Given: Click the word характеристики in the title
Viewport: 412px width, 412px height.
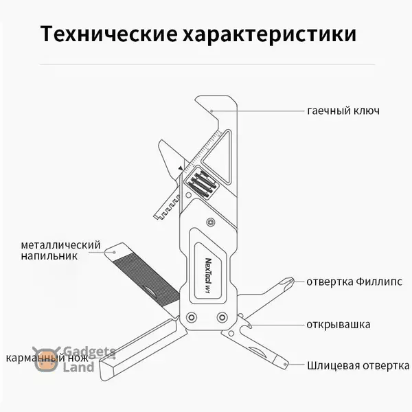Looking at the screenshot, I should pos(278,34).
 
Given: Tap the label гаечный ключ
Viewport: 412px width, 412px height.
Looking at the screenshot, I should pos(343,111).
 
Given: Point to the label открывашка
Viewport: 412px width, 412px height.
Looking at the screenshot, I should pos(339,324).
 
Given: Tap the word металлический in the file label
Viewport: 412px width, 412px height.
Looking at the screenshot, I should pos(60,244).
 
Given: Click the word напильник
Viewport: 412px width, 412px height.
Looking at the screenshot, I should pos(49,256).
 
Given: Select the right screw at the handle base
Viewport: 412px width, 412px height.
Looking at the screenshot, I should pos(222,318).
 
